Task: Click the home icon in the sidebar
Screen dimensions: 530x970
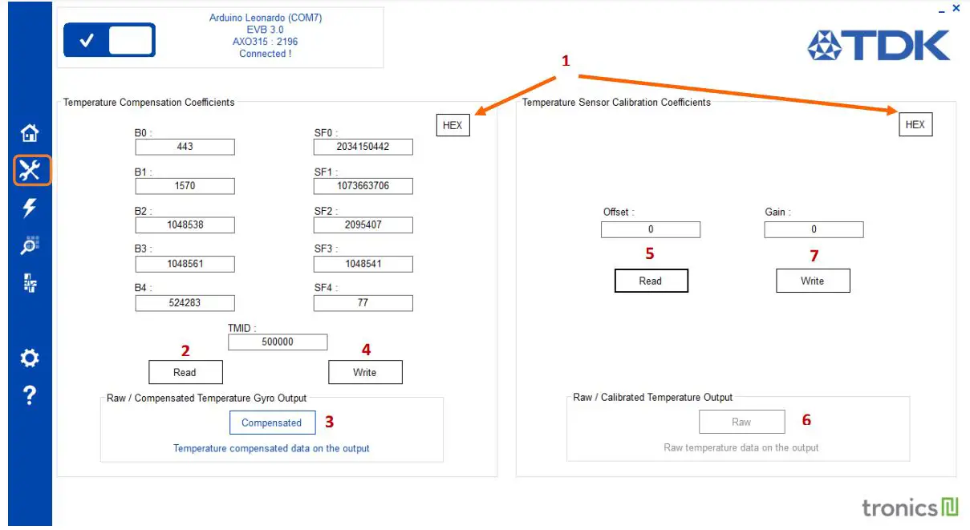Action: click(30, 132)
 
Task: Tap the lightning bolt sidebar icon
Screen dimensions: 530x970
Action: click(30, 208)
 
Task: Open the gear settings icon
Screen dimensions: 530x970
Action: click(30, 358)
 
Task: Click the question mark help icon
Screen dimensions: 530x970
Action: click(30, 395)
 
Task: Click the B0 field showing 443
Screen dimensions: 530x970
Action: click(185, 147)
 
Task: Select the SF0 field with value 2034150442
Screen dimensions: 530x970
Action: click(363, 147)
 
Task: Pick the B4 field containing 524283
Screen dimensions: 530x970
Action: click(185, 303)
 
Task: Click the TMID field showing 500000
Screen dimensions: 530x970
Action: click(278, 342)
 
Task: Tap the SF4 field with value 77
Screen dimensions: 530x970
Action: click(363, 303)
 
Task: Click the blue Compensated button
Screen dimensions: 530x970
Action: click(271, 423)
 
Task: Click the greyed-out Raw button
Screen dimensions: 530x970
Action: click(741, 422)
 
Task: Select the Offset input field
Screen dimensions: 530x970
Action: click(650, 230)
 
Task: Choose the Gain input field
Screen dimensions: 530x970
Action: click(814, 230)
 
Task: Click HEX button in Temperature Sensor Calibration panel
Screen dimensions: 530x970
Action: click(915, 125)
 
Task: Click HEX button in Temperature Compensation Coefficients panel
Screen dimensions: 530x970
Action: click(453, 125)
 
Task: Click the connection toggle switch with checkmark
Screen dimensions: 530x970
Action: click(109, 40)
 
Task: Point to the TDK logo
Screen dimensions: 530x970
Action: click(879, 46)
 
